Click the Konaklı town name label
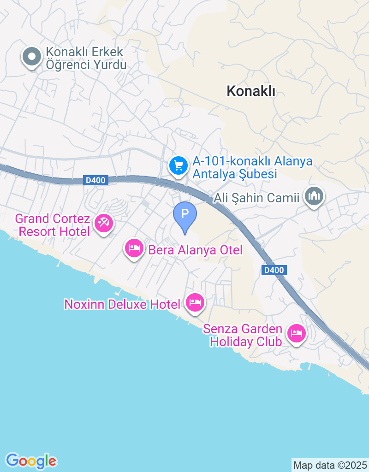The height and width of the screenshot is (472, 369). point(251,91)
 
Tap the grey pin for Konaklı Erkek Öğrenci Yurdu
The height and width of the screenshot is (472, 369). point(32,58)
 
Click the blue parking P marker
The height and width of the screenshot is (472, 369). point(185,215)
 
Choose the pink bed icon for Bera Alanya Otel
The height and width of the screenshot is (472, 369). point(134,249)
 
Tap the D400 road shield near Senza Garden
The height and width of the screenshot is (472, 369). point(275,271)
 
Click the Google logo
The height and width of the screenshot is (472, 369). point(31,460)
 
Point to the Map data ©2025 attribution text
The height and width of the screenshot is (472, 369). point(330,465)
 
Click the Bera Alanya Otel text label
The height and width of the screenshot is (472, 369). point(195,250)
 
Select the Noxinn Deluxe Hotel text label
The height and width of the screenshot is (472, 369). point(122,304)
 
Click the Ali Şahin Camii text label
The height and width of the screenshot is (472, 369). point(257,198)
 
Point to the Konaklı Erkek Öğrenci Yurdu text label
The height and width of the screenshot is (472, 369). point(86,59)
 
